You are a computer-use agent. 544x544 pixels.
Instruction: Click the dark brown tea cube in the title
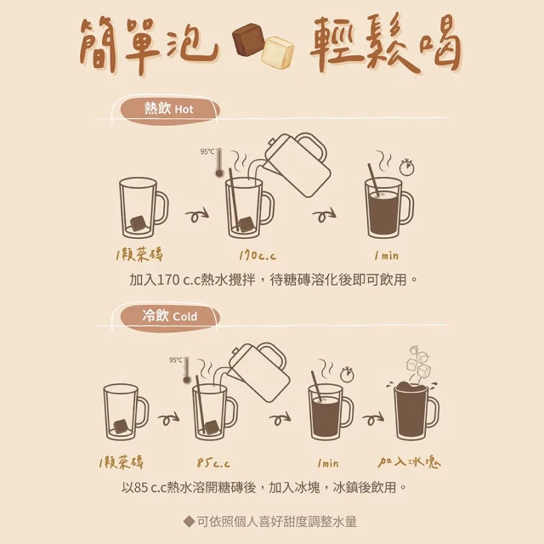tap(247, 40)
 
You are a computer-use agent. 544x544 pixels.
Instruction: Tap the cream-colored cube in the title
tap(278, 53)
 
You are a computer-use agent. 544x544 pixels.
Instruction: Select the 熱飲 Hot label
tap(169, 110)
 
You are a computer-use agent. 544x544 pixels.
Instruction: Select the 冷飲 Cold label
tap(170, 316)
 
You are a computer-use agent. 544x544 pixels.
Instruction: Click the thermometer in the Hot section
tap(219, 163)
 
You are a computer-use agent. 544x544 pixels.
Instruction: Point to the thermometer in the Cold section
tap(187, 371)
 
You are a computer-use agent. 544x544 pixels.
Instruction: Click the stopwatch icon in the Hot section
tap(406, 167)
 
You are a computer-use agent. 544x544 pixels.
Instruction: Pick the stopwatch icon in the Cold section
tap(347, 374)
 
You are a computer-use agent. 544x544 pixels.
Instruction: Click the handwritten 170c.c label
tap(258, 256)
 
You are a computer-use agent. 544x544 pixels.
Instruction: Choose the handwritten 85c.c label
tap(213, 462)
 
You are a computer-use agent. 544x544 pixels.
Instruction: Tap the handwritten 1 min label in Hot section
tap(387, 256)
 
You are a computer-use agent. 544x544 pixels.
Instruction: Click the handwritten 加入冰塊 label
tap(410, 462)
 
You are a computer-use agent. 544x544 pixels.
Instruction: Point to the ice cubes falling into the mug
tap(419, 362)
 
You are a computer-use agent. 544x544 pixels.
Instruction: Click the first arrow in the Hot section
tap(197, 216)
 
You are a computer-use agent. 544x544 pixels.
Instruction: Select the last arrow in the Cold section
tap(373, 418)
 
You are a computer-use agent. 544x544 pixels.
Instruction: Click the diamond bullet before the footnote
tap(189, 521)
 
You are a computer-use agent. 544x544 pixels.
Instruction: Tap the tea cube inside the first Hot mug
tap(138, 224)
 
